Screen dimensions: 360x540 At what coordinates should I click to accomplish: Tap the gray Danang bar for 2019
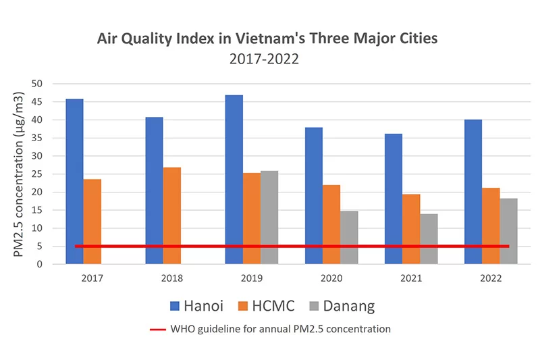pos(269,217)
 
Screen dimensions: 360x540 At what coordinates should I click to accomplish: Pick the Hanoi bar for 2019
pos(234,179)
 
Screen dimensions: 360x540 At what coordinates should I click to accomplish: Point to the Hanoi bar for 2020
pos(313,195)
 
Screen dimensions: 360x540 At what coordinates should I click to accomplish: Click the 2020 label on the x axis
pos(331,278)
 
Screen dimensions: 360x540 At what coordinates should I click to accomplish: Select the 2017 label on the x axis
pos(92,278)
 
